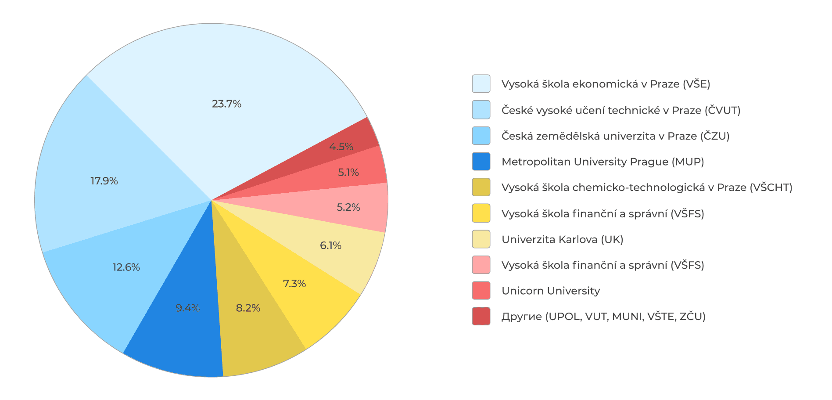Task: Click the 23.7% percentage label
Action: click(226, 104)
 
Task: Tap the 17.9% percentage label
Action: click(104, 181)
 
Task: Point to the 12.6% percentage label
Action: click(126, 267)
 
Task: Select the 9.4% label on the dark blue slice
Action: click(188, 308)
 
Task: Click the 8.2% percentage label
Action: click(248, 308)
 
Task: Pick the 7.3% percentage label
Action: click(294, 284)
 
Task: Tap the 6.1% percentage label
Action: click(330, 245)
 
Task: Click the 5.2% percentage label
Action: click(348, 207)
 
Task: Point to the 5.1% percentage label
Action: click(348, 173)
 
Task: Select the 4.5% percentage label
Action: click(341, 147)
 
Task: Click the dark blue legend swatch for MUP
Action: click(481, 162)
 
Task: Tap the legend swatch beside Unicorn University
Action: click(481, 291)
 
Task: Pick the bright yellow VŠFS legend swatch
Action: click(481, 213)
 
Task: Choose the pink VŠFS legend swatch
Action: click(481, 265)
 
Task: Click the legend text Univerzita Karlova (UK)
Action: click(562, 239)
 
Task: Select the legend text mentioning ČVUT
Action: click(620, 110)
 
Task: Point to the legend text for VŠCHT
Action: click(646, 187)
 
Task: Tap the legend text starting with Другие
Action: click(603, 317)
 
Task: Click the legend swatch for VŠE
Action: click(481, 84)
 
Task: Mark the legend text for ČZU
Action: click(615, 136)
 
